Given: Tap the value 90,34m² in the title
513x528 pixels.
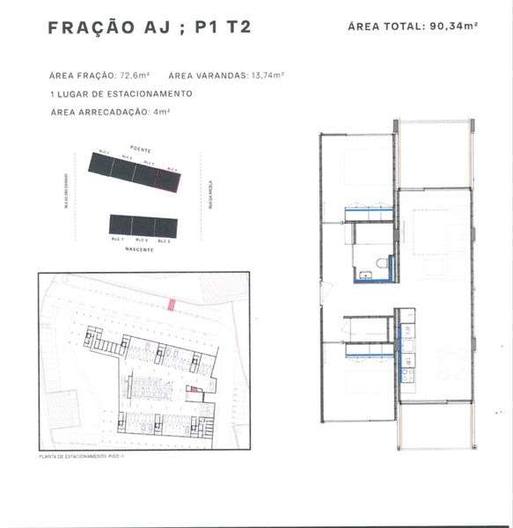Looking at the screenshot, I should [454, 26].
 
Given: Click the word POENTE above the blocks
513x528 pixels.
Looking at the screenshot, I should [141, 150].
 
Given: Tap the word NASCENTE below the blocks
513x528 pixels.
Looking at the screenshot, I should [139, 250].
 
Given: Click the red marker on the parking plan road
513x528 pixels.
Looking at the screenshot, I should [172, 304].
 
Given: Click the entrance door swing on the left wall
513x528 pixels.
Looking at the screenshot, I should [325, 290].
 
